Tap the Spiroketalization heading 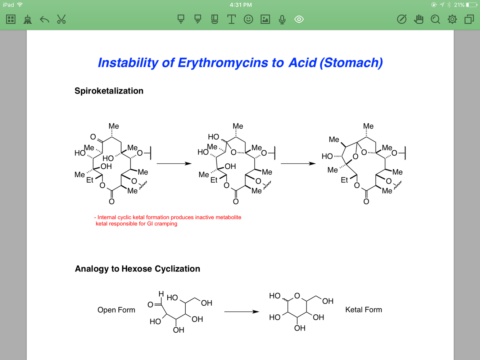(x=109, y=91)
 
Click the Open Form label (x=116, y=310)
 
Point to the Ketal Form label (x=363, y=310)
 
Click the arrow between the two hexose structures (x=241, y=311)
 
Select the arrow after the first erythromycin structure (x=174, y=164)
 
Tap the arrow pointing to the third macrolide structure (x=298, y=164)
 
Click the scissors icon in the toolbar (x=62, y=19)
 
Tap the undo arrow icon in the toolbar (x=44, y=19)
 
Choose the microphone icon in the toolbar (x=282, y=19)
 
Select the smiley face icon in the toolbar (x=248, y=19)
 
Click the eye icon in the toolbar (x=299, y=19)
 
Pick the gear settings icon (x=452, y=19)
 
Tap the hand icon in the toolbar (x=418, y=19)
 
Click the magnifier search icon (x=435, y=19)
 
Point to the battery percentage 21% (x=459, y=5)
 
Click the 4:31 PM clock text (x=241, y=5)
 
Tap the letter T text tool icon (x=231, y=19)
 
